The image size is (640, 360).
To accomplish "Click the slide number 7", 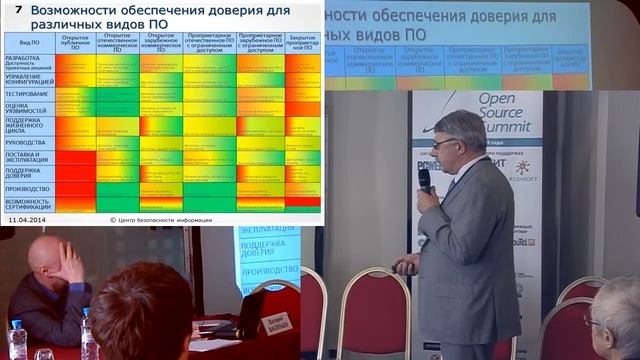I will pyautogui.click(x=17, y=9).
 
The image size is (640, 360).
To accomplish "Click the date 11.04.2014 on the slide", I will pyautogui.click(x=27, y=217).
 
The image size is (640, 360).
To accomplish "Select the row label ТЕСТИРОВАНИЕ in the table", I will pyautogui.click(x=26, y=94).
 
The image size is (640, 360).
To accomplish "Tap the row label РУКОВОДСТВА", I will pyautogui.click(x=25, y=143).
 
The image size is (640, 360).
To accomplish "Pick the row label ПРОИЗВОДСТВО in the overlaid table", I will pyautogui.click(x=27, y=187).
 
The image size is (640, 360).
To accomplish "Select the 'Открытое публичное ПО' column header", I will pyautogui.click(x=75, y=43).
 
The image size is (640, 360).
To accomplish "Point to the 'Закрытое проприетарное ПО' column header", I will pyautogui.click(x=302, y=44).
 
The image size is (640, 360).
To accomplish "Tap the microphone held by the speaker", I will pyautogui.click(x=424, y=180).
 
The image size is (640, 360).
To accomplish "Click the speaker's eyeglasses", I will pyautogui.click(x=443, y=143).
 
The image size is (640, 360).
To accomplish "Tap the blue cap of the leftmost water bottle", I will pyautogui.click(x=17, y=324).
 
